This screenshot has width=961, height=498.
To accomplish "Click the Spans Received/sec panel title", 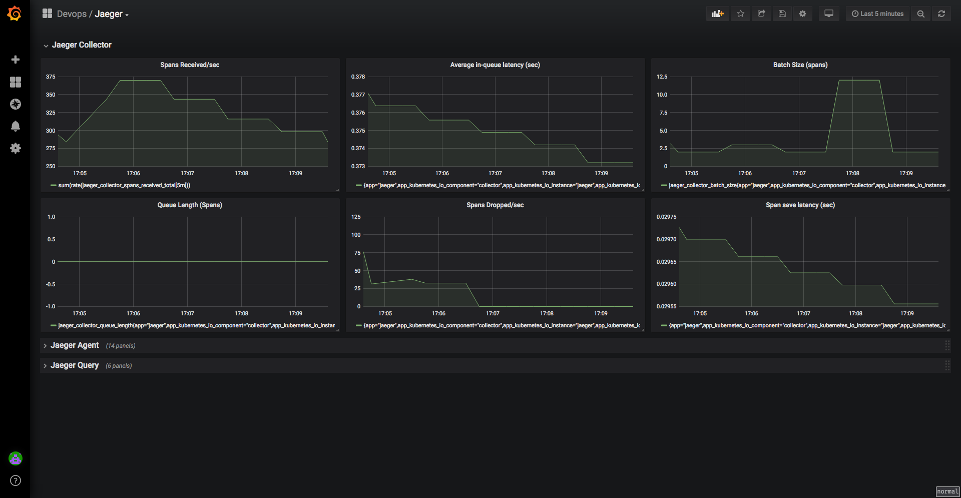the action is pos(190,65).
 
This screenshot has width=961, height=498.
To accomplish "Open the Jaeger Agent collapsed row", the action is pos(75,345).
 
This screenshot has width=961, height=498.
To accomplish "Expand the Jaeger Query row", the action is pos(75,365).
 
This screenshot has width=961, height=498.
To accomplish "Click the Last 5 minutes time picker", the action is pos(877,14).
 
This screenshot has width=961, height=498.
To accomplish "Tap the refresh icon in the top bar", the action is pos(941,14).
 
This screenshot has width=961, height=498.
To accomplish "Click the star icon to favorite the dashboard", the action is pos(741,14).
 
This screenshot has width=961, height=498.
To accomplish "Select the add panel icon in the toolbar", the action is pos(718,14).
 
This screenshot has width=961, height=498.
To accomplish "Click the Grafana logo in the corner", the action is pos(15,14).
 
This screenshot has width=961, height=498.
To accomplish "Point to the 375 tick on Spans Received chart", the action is pos(51,77).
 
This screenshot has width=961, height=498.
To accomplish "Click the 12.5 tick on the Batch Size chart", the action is pos(662,77).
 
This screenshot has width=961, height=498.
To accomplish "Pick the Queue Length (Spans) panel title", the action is pos(190,205).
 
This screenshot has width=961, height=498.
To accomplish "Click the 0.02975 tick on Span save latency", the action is pos(666,217).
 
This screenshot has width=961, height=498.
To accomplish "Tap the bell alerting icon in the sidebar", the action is pos(16,126).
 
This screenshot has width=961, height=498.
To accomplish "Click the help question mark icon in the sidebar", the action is pos(16,480).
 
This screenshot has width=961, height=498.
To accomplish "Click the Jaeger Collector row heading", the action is pos(82,45).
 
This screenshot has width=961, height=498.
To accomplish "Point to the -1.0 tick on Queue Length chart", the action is pos(51,306).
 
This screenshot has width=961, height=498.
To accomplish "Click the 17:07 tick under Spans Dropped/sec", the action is pos(493,313).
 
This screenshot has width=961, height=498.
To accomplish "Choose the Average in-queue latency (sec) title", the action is pos(495,65).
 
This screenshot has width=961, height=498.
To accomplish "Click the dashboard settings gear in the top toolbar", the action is pos(802,14).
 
